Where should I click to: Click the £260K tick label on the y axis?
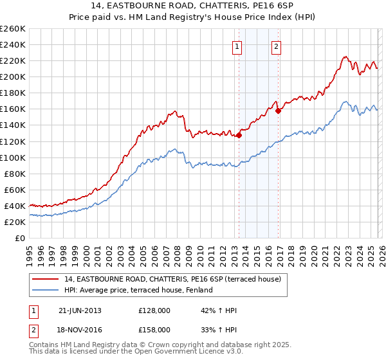click(x=13, y=29)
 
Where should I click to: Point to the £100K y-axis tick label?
click(x=13, y=157)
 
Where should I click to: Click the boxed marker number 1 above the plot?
click(x=237, y=46)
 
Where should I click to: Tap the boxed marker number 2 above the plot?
click(x=276, y=46)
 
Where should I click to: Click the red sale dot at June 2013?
click(x=239, y=135)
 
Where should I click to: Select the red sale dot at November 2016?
click(x=278, y=111)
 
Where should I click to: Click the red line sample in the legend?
click(x=46, y=280)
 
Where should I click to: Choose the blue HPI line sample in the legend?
click(x=46, y=290)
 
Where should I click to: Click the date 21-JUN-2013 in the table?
click(x=80, y=310)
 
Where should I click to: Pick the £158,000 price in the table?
click(x=154, y=329)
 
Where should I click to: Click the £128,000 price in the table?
click(x=154, y=310)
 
